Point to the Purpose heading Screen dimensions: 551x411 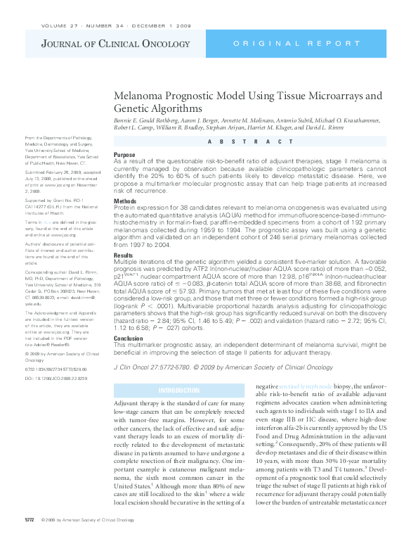tap(124, 154)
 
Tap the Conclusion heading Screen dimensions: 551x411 tap(129, 338)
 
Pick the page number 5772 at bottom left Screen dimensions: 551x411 tap(30, 538)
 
